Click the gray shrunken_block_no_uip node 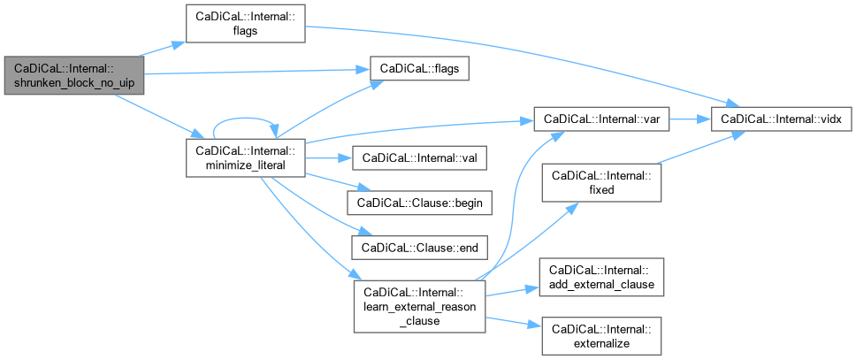tap(73, 79)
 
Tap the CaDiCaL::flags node tap(418, 68)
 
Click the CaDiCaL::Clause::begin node tap(418, 203)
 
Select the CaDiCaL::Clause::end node tap(418, 248)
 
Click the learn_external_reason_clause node tap(419, 306)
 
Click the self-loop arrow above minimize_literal tap(245, 119)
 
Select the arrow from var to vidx tap(691, 118)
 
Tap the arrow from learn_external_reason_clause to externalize tap(513, 321)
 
